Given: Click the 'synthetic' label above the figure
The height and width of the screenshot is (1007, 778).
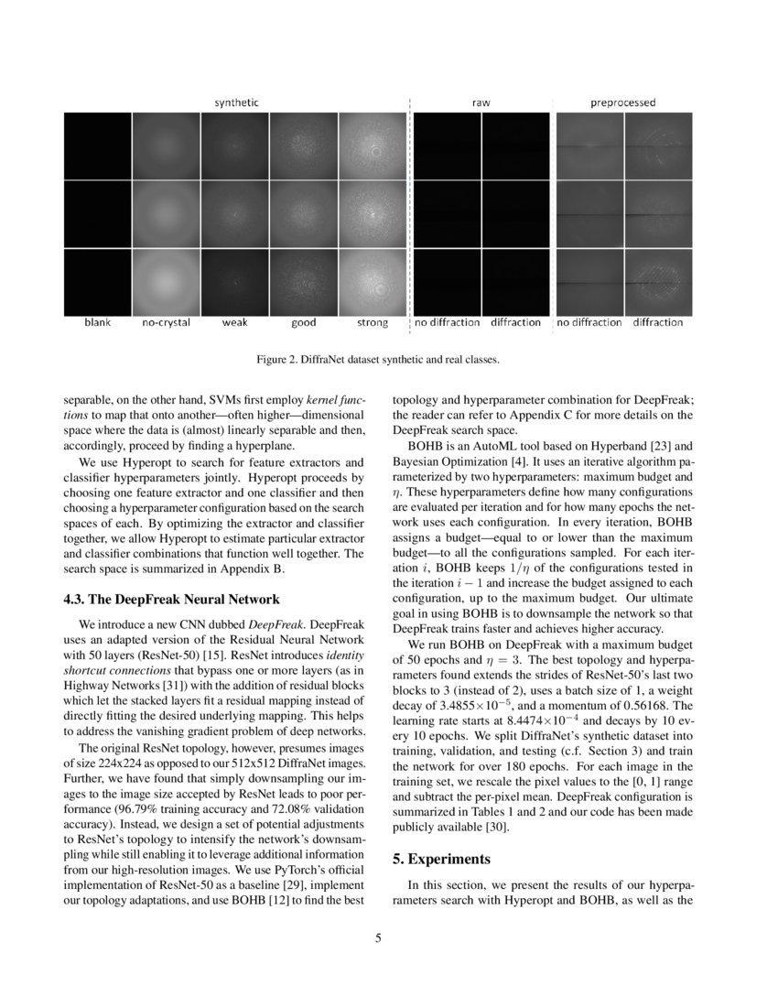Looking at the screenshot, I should (x=236, y=103).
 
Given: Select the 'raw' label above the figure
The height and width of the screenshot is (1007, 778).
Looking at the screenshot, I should (x=481, y=103).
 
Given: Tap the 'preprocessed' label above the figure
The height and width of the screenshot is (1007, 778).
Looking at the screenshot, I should (x=621, y=103).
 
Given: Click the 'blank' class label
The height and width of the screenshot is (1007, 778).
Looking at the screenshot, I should (x=97, y=322).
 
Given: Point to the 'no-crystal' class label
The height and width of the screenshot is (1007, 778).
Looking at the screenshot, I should (x=166, y=322).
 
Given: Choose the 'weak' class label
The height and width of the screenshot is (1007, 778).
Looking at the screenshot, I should (x=235, y=322).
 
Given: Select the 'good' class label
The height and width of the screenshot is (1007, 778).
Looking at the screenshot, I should (x=304, y=322).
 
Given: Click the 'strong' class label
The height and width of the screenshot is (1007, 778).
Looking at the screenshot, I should (x=373, y=322).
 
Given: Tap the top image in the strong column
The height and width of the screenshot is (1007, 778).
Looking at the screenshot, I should (x=373, y=145).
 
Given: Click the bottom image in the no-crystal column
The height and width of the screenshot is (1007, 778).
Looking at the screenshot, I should (x=166, y=282).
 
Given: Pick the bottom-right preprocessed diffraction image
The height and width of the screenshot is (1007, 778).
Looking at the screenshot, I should (x=657, y=282).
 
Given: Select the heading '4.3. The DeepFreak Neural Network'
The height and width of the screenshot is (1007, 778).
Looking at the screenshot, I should (x=171, y=600).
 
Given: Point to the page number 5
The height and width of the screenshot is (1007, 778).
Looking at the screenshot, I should (x=378, y=937).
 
